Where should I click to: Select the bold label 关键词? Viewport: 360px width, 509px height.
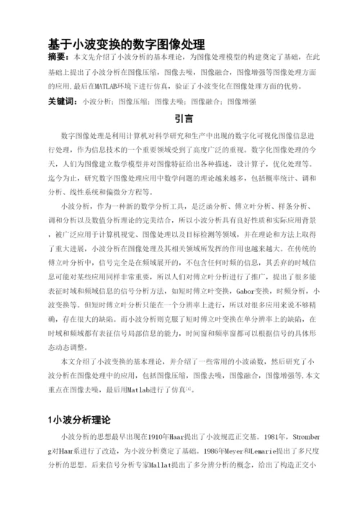click(62, 102)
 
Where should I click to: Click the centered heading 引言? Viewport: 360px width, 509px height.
click(184, 119)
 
